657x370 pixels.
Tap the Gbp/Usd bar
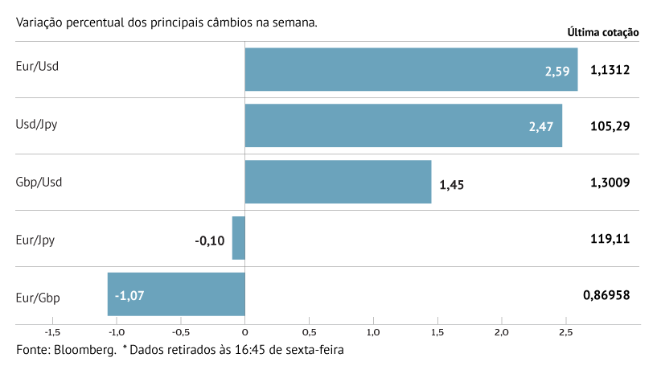point(338,182)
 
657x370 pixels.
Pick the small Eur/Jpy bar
point(238,238)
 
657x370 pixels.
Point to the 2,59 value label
point(556,71)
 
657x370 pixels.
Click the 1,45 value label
point(451,184)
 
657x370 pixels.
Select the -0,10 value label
point(211,240)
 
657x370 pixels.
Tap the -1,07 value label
point(129,295)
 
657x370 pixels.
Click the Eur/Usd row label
point(37,66)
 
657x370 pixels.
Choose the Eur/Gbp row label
point(38,298)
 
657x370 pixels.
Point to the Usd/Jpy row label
point(36,125)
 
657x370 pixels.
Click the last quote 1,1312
point(610,70)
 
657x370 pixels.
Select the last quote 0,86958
point(606,295)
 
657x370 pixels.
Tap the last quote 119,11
point(610,239)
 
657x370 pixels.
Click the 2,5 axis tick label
point(565,332)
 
